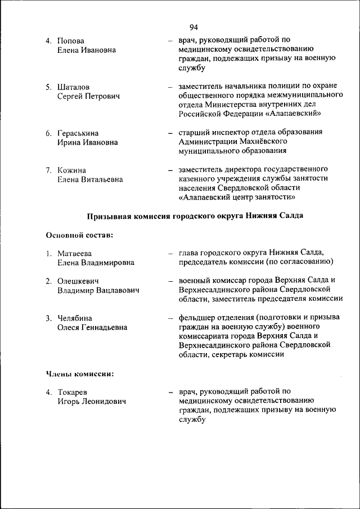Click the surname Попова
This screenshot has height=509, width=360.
[x=71, y=41]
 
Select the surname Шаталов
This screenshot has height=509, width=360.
[x=73, y=87]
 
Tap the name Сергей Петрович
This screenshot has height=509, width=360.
[x=88, y=96]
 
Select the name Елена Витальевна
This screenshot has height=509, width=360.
[x=90, y=179]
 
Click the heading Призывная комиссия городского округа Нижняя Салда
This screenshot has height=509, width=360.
[x=195, y=217]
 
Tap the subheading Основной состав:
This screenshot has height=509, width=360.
[x=79, y=235]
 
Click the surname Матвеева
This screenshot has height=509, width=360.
[x=75, y=253]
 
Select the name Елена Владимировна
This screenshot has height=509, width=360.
[x=96, y=263]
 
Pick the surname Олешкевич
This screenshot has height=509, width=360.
[x=78, y=281]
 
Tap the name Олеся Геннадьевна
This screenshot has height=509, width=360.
[x=92, y=327]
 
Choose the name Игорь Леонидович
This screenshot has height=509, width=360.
[x=92, y=402]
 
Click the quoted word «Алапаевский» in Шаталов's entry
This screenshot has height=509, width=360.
[x=292, y=114]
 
